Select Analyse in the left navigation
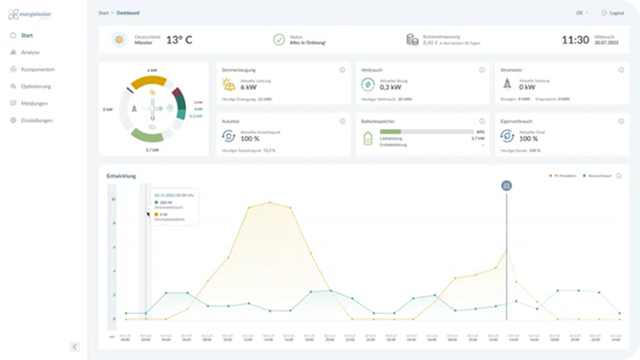tap(31, 51)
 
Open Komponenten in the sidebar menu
tap(37, 69)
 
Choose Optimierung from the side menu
tap(36, 86)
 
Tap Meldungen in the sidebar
tap(33, 103)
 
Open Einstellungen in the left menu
tap(37, 120)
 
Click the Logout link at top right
tap(614, 13)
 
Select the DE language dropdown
tap(581, 13)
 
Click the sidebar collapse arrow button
tap(75, 346)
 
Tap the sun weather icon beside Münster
tap(119, 41)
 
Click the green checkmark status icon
tap(279, 41)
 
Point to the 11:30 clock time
tap(575, 41)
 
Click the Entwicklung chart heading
tap(121, 176)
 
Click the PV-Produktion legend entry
tap(564, 176)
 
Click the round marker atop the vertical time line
tap(506, 185)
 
